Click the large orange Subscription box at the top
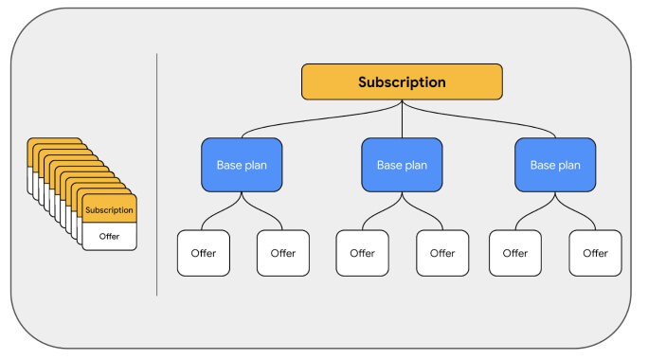point(402,82)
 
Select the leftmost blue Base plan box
point(242,164)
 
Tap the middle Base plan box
point(402,164)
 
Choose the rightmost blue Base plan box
point(555,164)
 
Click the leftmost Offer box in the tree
point(204,253)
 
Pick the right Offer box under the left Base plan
point(283,253)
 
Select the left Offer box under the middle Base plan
point(363,253)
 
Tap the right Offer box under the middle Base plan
point(442,253)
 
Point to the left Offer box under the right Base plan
point(515,253)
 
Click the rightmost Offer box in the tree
point(595,253)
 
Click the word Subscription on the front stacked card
point(109,209)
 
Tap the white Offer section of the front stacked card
point(109,236)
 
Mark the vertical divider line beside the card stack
point(156,175)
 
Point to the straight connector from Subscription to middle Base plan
point(402,118)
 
